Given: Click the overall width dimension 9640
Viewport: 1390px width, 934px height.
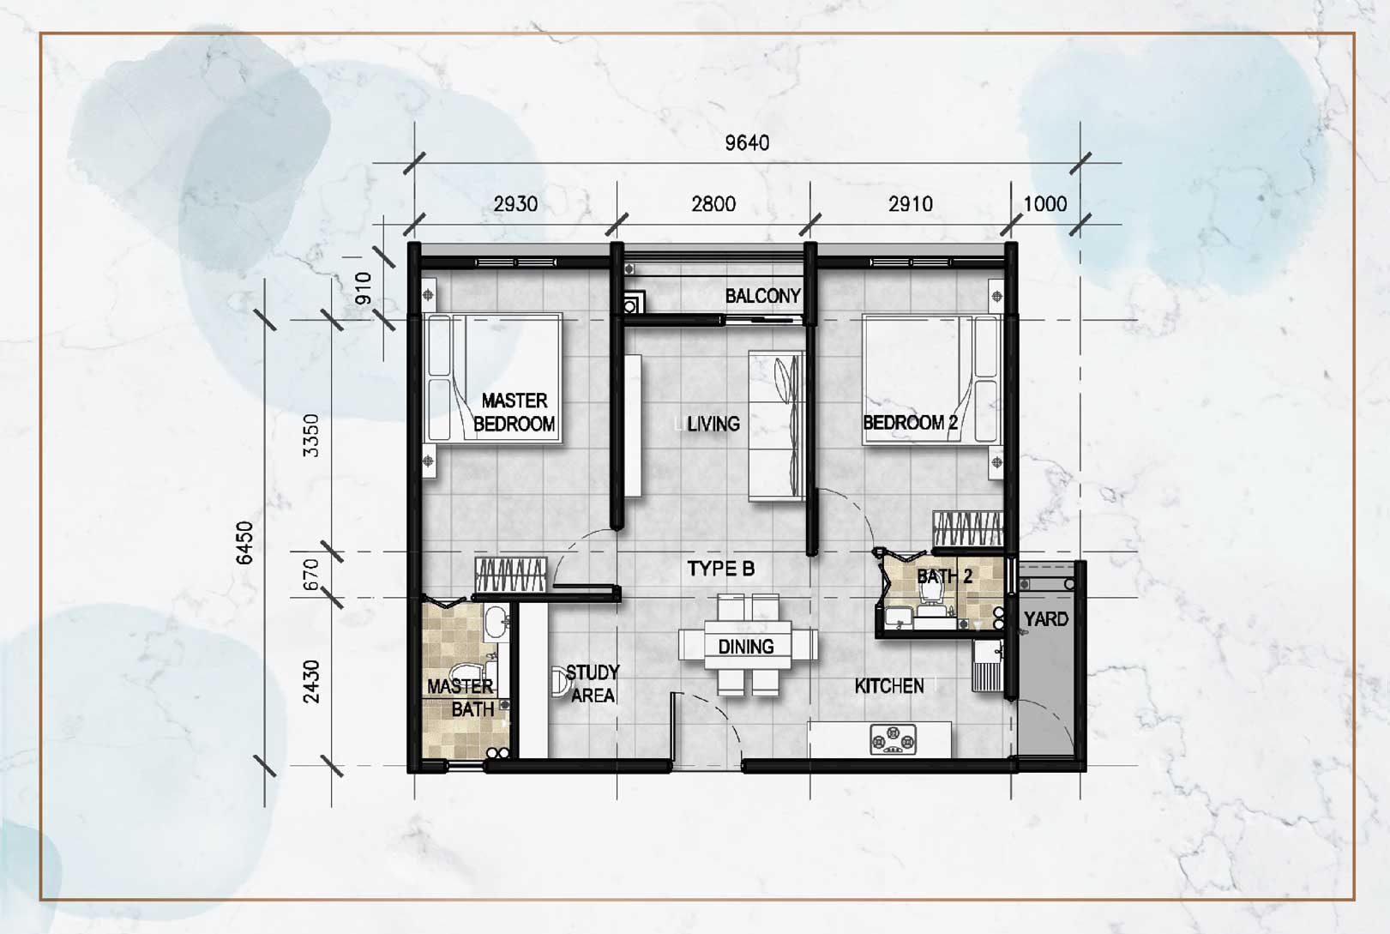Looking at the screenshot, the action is click(747, 143).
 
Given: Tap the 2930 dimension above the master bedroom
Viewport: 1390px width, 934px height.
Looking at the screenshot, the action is click(515, 204).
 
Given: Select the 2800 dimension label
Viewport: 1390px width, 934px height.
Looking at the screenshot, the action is click(713, 204).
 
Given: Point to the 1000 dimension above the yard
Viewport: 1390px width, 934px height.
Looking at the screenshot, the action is click(1045, 204).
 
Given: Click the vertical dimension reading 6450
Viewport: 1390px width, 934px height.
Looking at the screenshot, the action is click(246, 543).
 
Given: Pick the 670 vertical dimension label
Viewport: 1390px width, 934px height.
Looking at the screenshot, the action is click(311, 575).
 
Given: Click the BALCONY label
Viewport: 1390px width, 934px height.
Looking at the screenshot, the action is click(762, 296).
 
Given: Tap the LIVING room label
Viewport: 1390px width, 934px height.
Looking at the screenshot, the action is click(713, 424).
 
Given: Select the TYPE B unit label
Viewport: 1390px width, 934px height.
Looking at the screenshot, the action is click(721, 569).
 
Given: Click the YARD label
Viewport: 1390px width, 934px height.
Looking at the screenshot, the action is click(1046, 618).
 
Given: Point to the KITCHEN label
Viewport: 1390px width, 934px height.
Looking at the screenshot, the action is click(889, 686).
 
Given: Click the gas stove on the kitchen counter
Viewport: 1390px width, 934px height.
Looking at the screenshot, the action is click(893, 739).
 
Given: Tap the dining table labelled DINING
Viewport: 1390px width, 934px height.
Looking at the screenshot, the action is click(748, 646).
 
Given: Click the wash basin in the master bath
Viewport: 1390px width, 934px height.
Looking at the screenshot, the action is click(496, 623).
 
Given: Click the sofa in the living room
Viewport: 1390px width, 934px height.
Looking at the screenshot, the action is click(777, 425).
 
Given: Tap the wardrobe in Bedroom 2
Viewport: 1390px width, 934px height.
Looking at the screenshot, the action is click(967, 529).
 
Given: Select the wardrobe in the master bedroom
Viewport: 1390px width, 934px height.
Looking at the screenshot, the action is click(511, 575).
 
